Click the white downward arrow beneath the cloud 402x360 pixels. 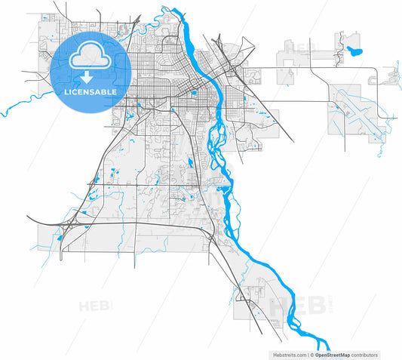89,75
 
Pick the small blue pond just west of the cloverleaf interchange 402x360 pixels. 59,240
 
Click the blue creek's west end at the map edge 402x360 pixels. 2,113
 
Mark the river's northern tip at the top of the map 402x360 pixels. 175,10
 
